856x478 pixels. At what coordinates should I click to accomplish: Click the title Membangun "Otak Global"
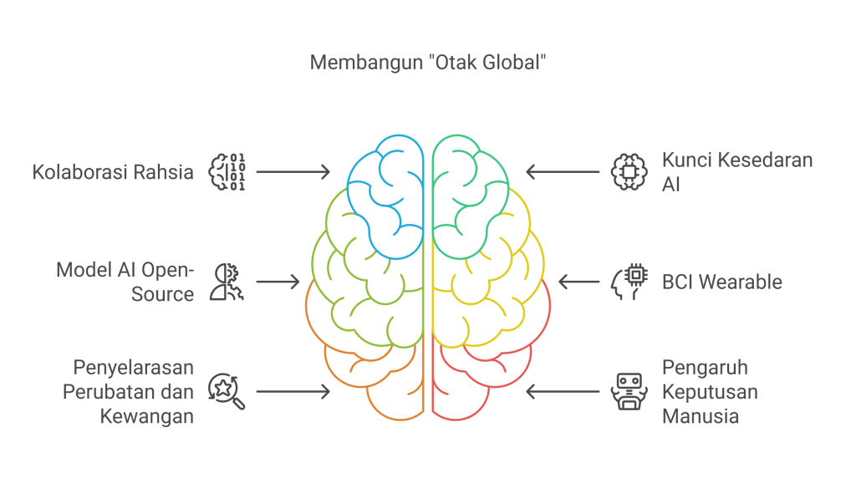(x=427, y=64)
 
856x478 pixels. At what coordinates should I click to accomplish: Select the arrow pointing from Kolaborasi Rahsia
(x=293, y=171)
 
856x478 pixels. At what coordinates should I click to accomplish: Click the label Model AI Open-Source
(x=125, y=282)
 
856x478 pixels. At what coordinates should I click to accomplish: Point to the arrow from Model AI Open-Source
(x=278, y=282)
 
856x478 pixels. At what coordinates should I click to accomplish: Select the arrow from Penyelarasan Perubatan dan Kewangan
(x=293, y=391)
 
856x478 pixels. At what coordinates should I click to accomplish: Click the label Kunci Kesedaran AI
(x=736, y=171)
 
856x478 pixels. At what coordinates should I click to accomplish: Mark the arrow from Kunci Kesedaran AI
(x=563, y=171)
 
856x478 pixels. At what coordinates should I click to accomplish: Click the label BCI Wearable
(x=722, y=282)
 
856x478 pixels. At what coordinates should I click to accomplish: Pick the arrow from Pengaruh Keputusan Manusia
(x=563, y=391)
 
